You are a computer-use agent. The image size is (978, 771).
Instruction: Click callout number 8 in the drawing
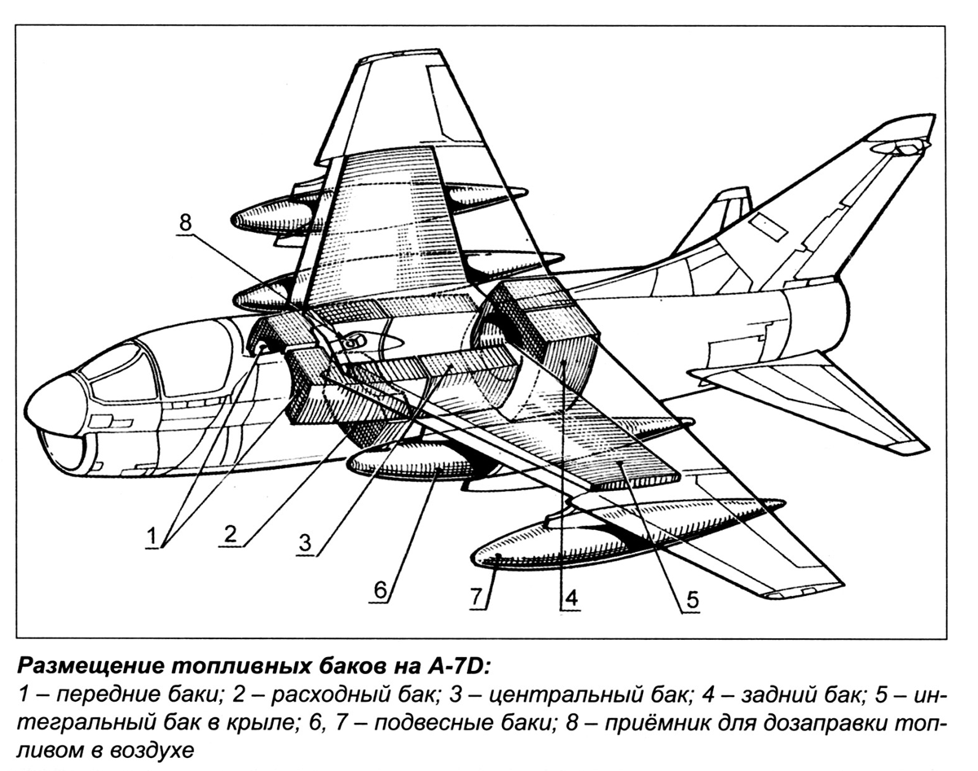point(186,222)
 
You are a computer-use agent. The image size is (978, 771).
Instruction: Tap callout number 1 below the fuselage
point(154,537)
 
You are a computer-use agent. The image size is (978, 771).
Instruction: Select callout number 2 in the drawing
point(231,534)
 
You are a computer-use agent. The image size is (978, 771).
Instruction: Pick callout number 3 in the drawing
point(305,541)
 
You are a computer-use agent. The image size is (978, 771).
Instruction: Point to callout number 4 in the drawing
point(570,598)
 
